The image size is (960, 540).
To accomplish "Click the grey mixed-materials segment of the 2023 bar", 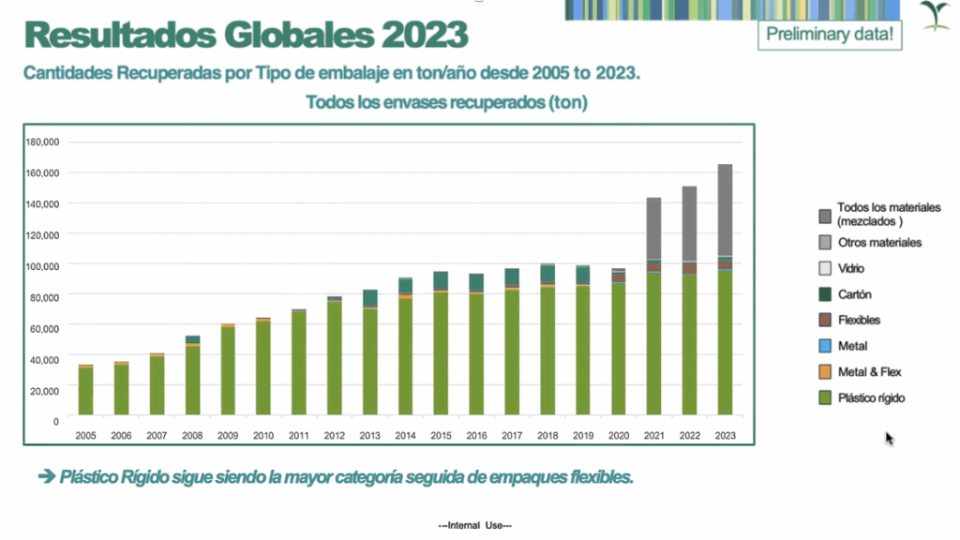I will click(725, 209).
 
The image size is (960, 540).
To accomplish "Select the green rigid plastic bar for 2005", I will click(85, 390).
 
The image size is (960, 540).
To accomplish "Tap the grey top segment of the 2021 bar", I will click(653, 228).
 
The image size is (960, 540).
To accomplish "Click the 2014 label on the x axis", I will click(405, 435).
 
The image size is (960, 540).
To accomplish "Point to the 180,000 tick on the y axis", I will click(42, 142).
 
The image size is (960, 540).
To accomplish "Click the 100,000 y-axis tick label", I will click(42, 266).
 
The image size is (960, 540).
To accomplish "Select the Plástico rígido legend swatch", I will click(824, 398).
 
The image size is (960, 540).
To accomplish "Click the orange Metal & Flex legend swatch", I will click(824, 372).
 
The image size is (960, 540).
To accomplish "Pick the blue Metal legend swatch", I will click(824, 346).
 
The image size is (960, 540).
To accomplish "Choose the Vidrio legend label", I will click(851, 268).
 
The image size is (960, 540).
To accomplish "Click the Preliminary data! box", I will click(830, 36).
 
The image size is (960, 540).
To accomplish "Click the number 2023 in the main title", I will click(423, 36).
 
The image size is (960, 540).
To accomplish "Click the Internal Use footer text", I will click(474, 526).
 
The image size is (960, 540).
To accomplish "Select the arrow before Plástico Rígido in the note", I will click(46, 477).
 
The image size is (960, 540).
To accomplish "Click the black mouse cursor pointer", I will click(889, 438).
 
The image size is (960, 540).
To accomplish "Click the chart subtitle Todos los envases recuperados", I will click(446, 103).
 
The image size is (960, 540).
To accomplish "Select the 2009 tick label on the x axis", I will click(228, 435).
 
